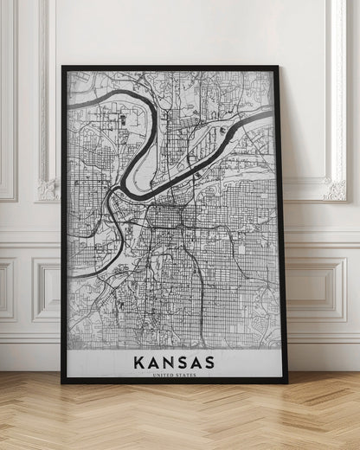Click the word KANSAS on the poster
pos(174,360)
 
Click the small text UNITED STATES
pos(174,374)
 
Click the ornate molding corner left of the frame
pos(48,188)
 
